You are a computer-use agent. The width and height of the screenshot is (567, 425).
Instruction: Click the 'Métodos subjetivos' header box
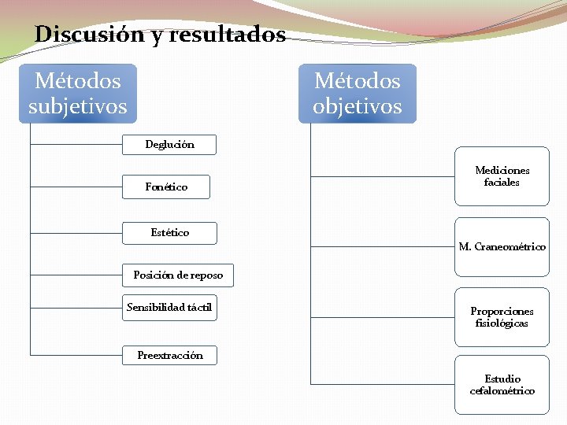pos(77,93)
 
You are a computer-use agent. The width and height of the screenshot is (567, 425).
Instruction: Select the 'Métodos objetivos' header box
pos(357,93)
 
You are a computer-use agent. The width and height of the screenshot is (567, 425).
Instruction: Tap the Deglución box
pos(169,144)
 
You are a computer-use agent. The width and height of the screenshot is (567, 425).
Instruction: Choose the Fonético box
pos(166,187)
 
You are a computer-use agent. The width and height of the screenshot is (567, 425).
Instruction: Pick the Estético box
pos(170,232)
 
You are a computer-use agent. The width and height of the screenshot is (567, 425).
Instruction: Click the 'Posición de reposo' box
pos(178,275)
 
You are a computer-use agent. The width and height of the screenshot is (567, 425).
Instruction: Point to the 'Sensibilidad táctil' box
pos(169,307)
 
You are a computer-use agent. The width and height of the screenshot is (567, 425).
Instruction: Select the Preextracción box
pos(170,355)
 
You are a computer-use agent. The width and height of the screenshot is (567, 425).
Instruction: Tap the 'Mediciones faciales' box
pos(502,176)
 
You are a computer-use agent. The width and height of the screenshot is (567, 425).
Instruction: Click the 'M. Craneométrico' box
pos(502,247)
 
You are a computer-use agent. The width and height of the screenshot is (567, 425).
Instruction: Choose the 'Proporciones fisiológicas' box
pos(502,317)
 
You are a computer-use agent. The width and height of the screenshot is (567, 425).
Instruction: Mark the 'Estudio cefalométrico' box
pos(502,385)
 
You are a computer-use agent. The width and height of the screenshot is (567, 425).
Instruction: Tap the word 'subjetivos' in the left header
pos(77,106)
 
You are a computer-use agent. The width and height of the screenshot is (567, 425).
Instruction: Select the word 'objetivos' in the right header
pos(357,106)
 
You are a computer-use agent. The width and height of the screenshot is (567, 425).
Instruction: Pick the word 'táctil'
pos(200,307)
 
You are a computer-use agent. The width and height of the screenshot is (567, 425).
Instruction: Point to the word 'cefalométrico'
pos(502,391)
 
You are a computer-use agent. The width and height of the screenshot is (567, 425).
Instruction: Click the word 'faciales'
pos(502,183)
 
